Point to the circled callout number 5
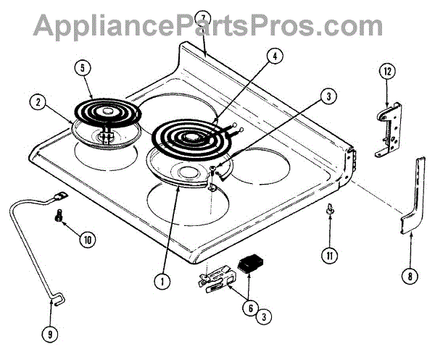[x=84, y=69]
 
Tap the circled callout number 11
[x=329, y=255]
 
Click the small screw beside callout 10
[x=59, y=215]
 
